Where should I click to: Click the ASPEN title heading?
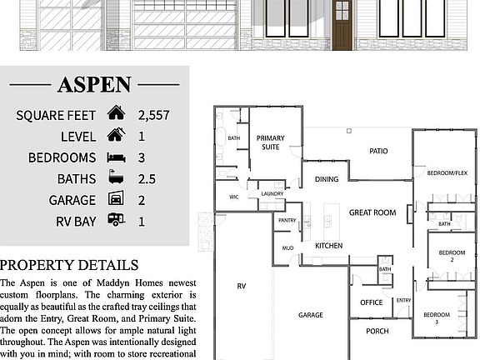(94, 84)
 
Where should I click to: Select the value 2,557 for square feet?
(154, 114)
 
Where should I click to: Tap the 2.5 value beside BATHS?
(147, 178)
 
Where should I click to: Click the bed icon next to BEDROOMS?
(116, 157)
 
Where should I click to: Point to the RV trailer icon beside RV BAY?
(116, 221)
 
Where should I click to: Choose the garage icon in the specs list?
(116, 199)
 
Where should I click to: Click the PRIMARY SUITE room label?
(271, 142)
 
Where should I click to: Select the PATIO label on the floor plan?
(379, 151)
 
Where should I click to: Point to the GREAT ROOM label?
(372, 212)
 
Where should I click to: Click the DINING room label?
(326, 178)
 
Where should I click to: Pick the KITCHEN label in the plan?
(329, 246)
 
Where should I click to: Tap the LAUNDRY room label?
(272, 193)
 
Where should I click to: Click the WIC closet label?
(235, 197)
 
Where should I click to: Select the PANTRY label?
(287, 220)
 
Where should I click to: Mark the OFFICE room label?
(371, 302)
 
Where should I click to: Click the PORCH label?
(377, 330)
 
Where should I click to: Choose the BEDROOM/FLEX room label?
(447, 173)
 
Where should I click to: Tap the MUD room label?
(287, 247)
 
